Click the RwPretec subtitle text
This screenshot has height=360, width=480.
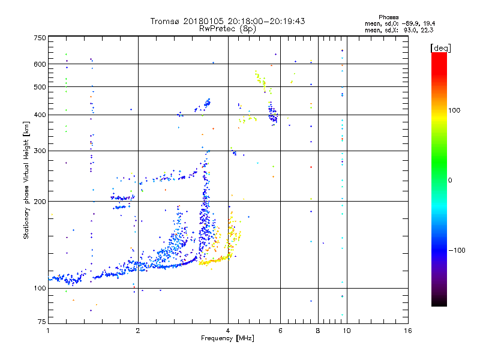pyautogui.click(x=218, y=28)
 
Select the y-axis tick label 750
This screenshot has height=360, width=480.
pyautogui.click(x=39, y=38)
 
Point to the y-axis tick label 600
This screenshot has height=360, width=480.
pyautogui.click(x=39, y=64)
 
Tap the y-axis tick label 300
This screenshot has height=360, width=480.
pyautogui.click(x=39, y=151)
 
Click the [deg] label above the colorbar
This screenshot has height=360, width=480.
pyautogui.click(x=440, y=47)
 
